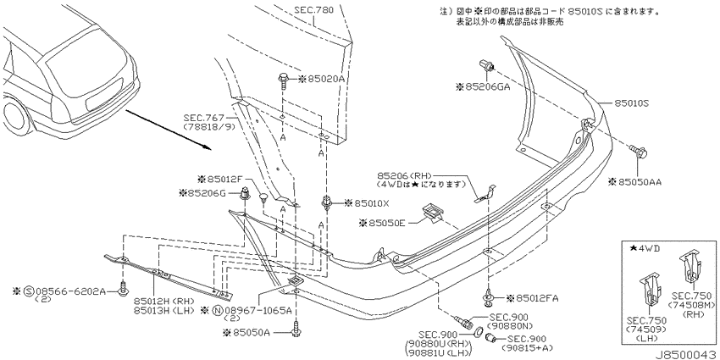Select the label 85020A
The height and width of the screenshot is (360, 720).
[325, 79]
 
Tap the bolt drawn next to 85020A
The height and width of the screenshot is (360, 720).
[282, 81]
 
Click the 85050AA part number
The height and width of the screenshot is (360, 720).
[640, 182]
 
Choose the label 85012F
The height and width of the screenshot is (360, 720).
[224, 178]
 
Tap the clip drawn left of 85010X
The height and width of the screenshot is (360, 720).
[326, 202]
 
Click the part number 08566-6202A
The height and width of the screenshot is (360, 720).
[70, 291]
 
